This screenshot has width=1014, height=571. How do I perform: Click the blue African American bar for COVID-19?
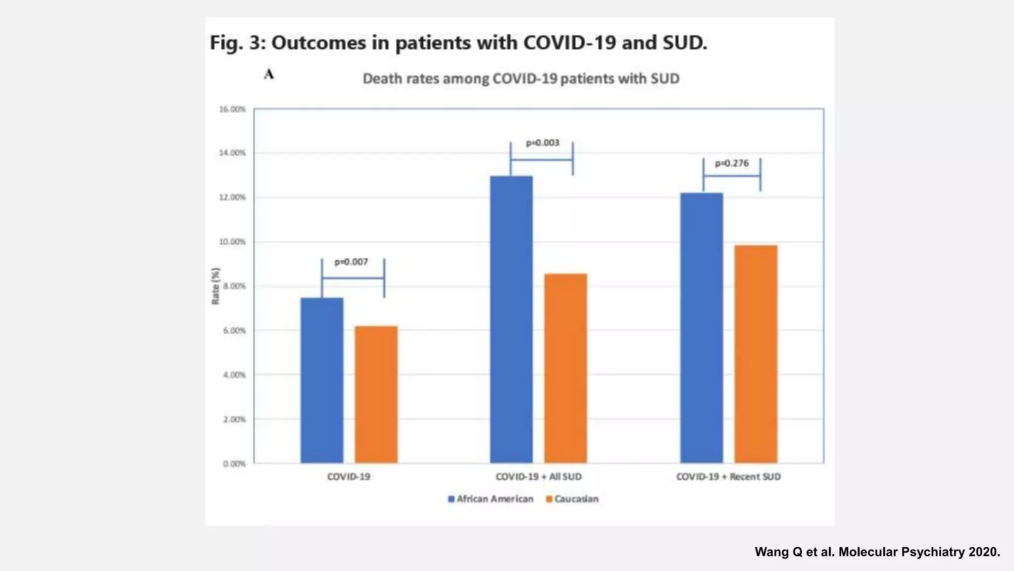pos(322,380)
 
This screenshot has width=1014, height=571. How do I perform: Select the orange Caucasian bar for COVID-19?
pos(376,395)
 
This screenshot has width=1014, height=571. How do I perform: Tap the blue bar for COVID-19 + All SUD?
pos(511,320)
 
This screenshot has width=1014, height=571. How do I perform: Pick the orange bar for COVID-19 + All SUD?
pos(565,368)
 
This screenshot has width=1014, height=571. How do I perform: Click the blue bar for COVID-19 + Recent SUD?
pos(701,328)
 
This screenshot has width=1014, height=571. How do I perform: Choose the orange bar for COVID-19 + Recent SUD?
pos(756,354)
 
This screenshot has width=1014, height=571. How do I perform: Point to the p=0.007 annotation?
pos(351,262)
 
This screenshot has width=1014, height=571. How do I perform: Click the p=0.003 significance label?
pos(542,143)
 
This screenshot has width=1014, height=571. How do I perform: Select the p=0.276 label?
pos(731,163)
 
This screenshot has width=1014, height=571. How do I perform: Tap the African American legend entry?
pos(491,499)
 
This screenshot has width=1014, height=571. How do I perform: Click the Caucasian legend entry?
pos(572,499)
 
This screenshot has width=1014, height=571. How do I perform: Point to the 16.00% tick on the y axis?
pos(232,109)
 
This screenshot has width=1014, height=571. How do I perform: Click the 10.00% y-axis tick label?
pos(232,242)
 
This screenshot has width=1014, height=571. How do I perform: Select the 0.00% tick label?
pos(234,464)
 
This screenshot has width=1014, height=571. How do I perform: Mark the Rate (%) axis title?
pos(215,286)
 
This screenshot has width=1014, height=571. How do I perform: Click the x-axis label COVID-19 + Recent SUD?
pos(728,477)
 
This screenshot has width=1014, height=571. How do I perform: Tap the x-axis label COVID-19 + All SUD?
pos(539,477)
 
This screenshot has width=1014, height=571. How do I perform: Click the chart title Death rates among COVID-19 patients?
pos(521,79)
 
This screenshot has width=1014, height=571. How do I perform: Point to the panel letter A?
pos(269,74)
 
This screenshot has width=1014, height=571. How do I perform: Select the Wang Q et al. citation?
pos(877,552)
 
